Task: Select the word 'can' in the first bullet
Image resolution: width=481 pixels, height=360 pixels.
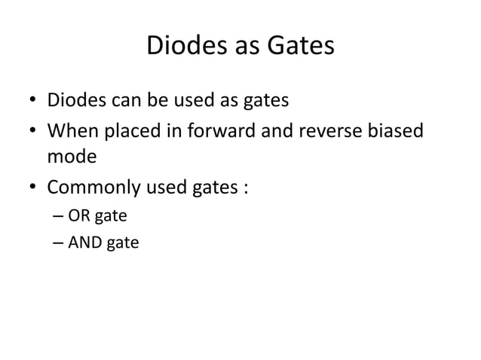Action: (123, 100)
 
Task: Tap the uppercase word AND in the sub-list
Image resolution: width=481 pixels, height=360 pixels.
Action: (85, 243)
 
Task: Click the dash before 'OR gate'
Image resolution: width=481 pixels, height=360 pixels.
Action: (59, 218)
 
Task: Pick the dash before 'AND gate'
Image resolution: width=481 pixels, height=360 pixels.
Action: (59, 244)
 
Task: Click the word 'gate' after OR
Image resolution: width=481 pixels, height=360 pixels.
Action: (111, 218)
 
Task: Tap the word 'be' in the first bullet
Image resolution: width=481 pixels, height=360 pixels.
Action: (155, 100)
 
